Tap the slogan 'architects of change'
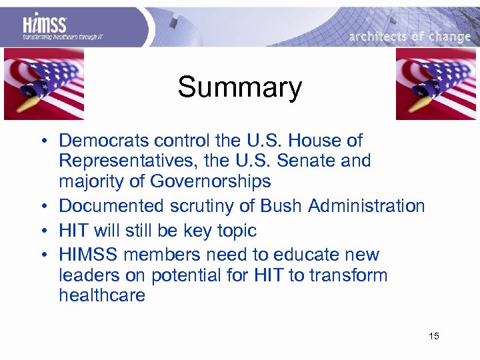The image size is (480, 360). point(409,37)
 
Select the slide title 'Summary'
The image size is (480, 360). point(239,87)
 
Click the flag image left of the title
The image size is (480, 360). point(44,84)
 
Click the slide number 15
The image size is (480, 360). point(434,336)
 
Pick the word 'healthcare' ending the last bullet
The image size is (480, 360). point(102,295)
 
